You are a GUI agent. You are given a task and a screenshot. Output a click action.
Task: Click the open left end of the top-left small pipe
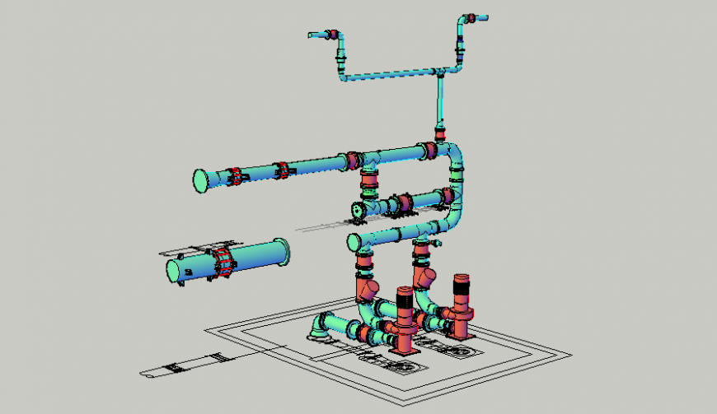click(312, 35)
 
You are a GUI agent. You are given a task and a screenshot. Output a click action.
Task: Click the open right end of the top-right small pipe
click(486, 16)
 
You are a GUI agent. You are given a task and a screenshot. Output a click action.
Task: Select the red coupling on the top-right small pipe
click(470, 17)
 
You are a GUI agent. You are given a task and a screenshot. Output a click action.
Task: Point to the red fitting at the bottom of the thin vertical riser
click(441, 131)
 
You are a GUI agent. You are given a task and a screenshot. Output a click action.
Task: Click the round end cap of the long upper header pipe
click(200, 180)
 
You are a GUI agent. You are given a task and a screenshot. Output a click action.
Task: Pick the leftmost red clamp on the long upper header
click(235, 176)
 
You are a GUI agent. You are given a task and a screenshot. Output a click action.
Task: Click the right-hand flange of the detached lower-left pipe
click(282, 251)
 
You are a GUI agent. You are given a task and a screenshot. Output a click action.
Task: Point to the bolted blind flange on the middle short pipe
click(358, 211)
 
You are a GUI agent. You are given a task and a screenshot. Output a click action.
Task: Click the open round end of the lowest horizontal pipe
click(354, 242)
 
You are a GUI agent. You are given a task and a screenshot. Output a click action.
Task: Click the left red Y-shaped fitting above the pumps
click(368, 291)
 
